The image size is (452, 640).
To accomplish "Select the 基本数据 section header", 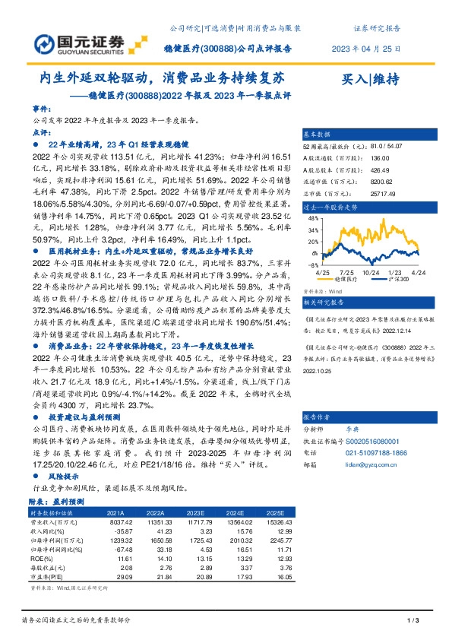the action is coord(320,132).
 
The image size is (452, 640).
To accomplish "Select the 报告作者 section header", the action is coord(320,417).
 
